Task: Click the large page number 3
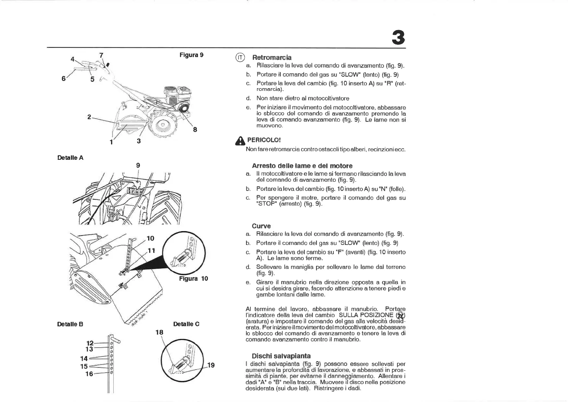point(398,37)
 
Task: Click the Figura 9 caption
point(191,55)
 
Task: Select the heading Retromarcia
point(272,57)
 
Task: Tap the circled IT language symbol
point(240,57)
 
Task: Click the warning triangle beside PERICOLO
point(240,141)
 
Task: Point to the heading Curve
point(261,226)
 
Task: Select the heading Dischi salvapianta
point(281,356)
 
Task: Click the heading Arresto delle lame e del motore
point(302,166)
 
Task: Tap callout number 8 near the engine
point(195,129)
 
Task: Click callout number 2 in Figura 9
point(89,117)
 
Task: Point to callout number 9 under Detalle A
point(138,165)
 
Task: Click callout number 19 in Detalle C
point(211,365)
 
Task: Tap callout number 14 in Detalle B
point(84,358)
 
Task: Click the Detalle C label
point(186,324)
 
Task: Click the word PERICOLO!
point(264,140)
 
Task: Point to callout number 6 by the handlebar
point(63,78)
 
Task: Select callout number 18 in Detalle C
point(159,332)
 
